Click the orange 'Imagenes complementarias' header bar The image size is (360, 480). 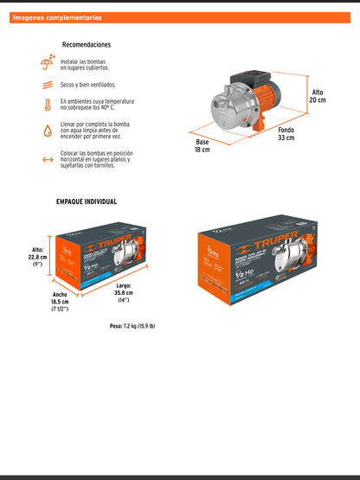(179, 17)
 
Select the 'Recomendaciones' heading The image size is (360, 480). (87, 45)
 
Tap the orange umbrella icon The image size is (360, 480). (47, 63)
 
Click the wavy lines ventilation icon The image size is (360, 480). (47, 86)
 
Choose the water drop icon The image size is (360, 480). (47, 132)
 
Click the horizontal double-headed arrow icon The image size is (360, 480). (47, 160)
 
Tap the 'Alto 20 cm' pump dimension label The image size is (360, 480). (319, 94)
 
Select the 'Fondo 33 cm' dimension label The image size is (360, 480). (286, 134)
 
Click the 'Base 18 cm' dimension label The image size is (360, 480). (202, 145)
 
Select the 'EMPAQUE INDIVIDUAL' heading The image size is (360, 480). (87, 202)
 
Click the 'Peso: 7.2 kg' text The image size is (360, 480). (132, 326)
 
